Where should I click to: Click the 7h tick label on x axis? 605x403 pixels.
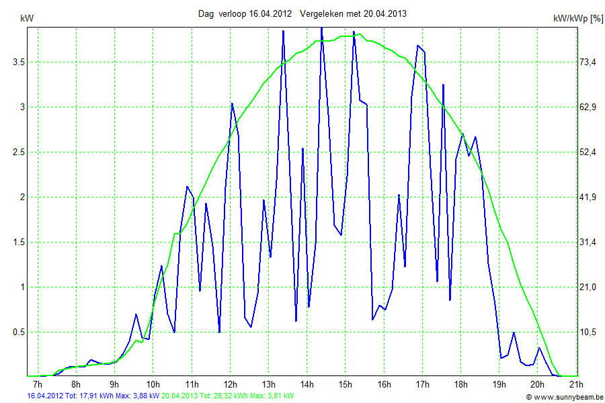tap(38, 385)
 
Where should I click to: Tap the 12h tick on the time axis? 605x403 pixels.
tap(230, 385)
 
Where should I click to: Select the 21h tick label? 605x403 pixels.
tap(576, 385)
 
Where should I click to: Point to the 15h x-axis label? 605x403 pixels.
tap(346, 385)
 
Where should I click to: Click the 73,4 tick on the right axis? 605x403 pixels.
tap(588, 62)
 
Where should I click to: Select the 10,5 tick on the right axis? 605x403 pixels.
tap(588, 332)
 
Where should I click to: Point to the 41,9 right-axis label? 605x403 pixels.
tap(588, 197)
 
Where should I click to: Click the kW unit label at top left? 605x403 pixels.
tap(27, 19)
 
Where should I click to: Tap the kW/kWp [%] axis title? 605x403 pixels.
tap(577, 19)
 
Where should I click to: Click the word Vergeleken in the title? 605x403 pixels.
tap(322, 13)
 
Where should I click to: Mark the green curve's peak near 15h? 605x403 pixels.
tap(360, 34)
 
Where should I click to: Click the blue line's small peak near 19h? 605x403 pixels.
tap(514, 332)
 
